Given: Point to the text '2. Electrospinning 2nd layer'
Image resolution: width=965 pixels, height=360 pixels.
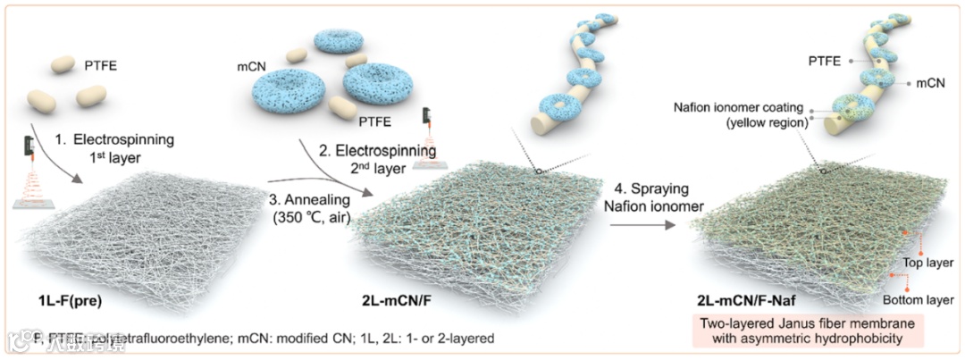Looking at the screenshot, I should click(x=392, y=160).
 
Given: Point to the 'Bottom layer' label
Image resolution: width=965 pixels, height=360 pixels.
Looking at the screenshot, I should click(x=916, y=299).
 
